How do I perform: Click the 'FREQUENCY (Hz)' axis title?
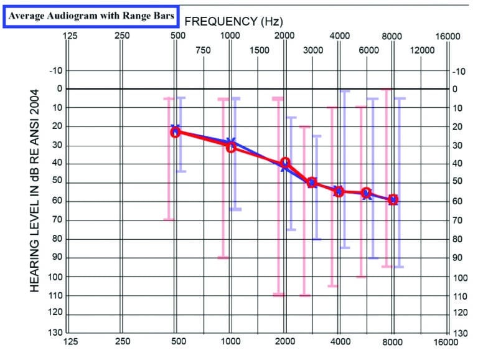tap(234, 21)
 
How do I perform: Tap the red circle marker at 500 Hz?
tap(176, 132)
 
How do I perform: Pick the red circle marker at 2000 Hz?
tap(286, 163)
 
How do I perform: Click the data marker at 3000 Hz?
tap(312, 182)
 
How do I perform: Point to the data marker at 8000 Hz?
tap(393, 200)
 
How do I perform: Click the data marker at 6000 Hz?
tap(367, 193)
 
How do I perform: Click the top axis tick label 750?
tap(204, 50)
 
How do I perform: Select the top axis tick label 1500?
tap(258, 50)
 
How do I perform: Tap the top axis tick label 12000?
tap(423, 50)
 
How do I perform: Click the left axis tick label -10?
tap(56, 71)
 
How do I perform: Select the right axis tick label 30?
tap(458, 146)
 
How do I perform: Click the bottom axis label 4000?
tap(339, 342)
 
